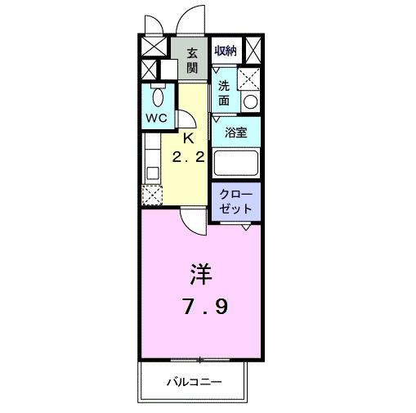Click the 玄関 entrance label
point(192,61)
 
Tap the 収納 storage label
point(226,50)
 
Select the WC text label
point(157,117)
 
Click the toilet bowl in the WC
point(159,97)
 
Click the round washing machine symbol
point(251,103)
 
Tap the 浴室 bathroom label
point(236,132)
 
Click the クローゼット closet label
point(235,201)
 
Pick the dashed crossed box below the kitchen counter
point(153,195)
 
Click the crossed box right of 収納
point(253,51)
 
